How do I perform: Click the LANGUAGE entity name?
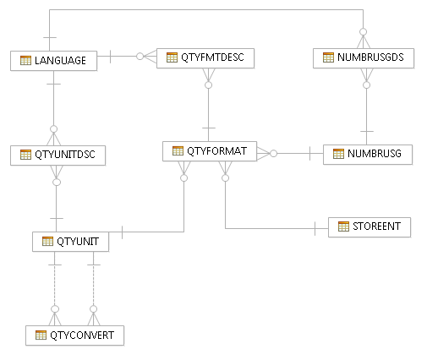tap(60, 60)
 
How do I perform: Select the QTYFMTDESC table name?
tap(212, 57)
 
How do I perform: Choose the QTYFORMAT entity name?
tap(216, 151)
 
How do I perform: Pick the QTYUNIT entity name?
tap(78, 242)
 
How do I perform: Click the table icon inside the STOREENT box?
tap(343, 226)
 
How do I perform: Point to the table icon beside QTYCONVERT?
tap(41, 335)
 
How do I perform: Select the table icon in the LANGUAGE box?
tap(25, 60)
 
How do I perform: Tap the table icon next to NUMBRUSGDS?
tap(328, 57)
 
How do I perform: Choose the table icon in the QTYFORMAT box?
tap(178, 151)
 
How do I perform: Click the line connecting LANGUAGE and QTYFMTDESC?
tap(126, 57)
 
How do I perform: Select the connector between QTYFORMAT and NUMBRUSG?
tap(296, 154)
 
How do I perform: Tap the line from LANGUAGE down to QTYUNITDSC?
tap(53, 106)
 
